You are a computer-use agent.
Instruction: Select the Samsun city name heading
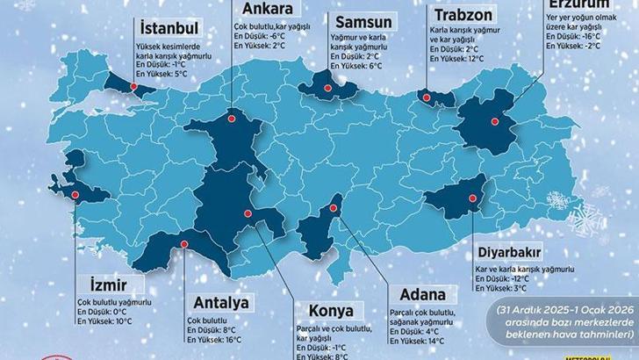click(356, 20)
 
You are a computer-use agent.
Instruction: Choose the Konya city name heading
click(332, 311)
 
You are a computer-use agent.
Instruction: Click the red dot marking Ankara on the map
click(232, 115)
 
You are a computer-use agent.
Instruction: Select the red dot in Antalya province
click(184, 245)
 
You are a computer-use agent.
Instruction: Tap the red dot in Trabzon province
click(427, 96)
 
